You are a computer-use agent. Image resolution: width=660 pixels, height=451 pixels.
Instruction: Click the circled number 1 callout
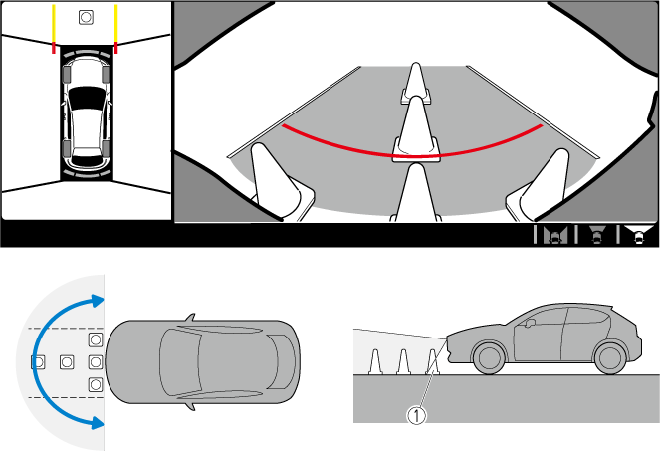pos(416,415)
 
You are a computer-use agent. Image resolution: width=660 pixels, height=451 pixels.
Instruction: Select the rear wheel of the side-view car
pos(610,358)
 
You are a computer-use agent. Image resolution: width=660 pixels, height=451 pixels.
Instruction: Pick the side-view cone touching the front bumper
pos(433,362)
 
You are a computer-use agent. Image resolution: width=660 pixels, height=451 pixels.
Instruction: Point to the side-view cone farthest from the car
pos(374,362)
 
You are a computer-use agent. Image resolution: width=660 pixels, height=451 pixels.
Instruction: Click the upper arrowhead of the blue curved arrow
pos(98,301)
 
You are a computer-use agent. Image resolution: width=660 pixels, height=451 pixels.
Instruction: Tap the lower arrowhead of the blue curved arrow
pos(98,423)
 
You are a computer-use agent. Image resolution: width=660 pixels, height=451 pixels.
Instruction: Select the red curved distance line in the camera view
pos(412,156)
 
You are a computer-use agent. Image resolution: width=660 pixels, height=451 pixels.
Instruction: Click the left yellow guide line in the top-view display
pos(54,24)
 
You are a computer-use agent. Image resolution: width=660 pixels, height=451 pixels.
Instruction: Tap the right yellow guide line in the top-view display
pos(115,24)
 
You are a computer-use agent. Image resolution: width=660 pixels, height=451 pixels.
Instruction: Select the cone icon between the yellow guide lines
pos(86,17)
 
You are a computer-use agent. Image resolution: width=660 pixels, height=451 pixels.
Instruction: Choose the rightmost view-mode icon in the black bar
pos(638,235)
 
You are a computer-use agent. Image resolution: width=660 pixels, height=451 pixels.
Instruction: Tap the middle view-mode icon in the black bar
pos(596,235)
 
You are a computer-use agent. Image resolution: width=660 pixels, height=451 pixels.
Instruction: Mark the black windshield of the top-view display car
pos(87,98)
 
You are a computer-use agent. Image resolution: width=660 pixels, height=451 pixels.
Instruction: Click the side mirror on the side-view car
pos(531,323)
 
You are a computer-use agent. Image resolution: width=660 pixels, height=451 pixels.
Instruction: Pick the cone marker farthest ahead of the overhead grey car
pos(38,361)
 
